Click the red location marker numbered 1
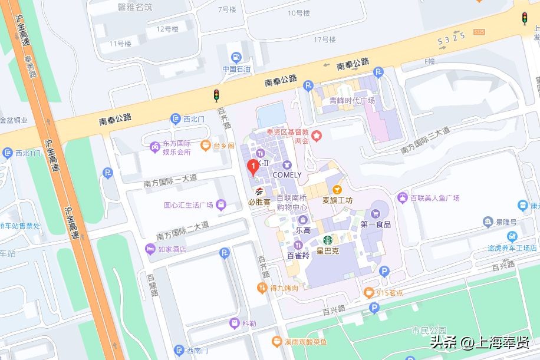click(253, 167)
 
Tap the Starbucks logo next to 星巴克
click(328, 241)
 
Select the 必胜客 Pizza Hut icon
click(259, 191)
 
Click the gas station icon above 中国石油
click(236, 58)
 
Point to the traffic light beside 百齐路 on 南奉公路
click(216, 95)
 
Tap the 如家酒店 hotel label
click(172, 249)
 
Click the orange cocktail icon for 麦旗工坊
click(337, 189)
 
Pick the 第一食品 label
click(376, 224)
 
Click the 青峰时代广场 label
click(352, 100)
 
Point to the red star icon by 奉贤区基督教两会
click(317, 136)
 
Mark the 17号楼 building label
click(324, 39)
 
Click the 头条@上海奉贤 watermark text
click(479, 342)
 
